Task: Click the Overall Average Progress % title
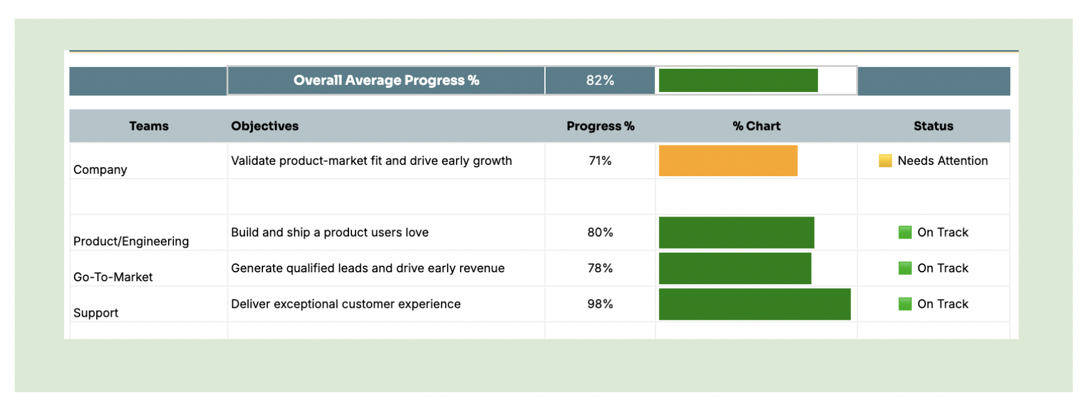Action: [386, 81]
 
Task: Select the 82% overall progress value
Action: [600, 81]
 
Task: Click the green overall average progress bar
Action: [738, 81]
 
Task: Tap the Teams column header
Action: [149, 126]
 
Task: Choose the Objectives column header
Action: [265, 126]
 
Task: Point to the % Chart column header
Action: [756, 126]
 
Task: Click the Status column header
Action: [933, 126]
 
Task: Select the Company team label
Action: [100, 170]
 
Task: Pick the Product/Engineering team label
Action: [131, 241]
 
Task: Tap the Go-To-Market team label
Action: [113, 277]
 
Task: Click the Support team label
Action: [96, 313]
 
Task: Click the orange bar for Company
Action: [728, 161]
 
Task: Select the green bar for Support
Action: [755, 304]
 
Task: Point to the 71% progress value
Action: [600, 161]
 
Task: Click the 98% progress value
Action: [600, 304]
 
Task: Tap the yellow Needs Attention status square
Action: [885, 161]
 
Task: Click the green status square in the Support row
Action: [905, 304]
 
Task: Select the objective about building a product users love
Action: [329, 233]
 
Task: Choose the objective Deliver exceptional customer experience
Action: [346, 304]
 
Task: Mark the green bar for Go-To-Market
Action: [735, 268]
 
